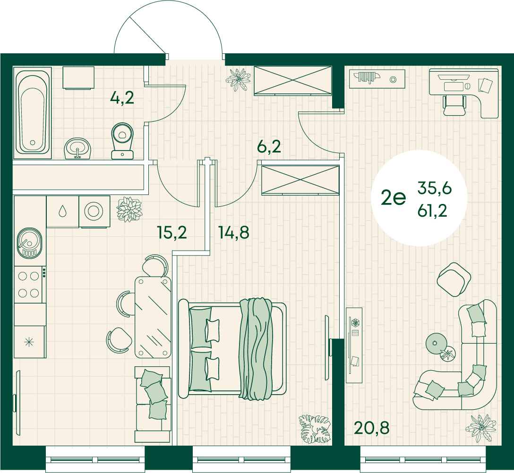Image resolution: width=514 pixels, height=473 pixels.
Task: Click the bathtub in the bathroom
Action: (x=33, y=113)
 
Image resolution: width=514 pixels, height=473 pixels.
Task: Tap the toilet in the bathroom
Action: (x=122, y=141)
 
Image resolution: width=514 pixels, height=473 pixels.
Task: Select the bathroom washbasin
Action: (x=77, y=148)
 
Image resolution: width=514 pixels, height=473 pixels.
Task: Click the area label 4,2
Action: (x=122, y=98)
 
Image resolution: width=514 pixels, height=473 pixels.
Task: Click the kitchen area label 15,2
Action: (x=172, y=232)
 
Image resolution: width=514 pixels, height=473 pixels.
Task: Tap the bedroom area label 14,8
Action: (x=234, y=232)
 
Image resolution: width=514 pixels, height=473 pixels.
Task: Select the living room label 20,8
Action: (x=372, y=428)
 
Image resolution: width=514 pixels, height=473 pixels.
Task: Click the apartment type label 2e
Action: (x=394, y=197)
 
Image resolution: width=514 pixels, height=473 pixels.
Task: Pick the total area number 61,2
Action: (x=432, y=211)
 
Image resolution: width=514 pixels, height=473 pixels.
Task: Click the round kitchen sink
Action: (x=29, y=242)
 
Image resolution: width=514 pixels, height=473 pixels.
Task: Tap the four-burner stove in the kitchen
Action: (x=30, y=285)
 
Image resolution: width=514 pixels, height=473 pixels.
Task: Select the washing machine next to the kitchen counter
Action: (x=94, y=211)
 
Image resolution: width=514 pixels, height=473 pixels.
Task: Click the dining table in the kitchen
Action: (x=153, y=317)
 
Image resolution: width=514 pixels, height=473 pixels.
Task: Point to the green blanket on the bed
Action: (x=256, y=348)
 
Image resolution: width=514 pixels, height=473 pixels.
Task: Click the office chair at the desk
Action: (x=454, y=105)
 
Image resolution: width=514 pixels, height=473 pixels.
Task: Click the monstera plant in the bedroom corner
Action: (x=315, y=429)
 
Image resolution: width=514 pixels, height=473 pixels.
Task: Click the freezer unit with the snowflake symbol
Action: (x=29, y=342)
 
